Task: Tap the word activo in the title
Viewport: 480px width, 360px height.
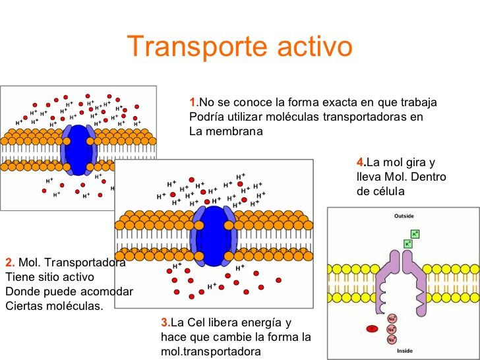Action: tap(312, 47)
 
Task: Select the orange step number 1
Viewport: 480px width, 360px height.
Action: tap(192, 103)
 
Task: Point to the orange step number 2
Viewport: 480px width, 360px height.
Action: tap(9, 262)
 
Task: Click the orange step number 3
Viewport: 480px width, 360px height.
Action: tap(164, 322)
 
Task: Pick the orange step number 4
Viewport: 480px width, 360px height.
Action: tap(359, 162)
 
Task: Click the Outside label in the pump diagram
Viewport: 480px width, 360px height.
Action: tap(404, 216)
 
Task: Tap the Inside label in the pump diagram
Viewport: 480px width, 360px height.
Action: tap(404, 351)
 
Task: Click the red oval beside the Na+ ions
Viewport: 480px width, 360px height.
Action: tap(372, 328)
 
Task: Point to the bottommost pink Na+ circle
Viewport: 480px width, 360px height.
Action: tap(392, 340)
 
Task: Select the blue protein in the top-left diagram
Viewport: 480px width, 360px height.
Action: tap(78, 150)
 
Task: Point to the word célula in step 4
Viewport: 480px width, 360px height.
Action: tap(386, 191)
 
